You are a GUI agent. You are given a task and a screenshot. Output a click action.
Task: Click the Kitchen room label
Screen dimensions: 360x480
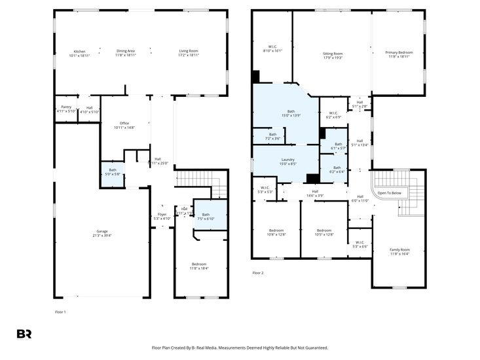(79, 51)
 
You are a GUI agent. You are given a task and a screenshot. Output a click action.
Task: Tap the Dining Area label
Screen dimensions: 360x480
(126, 51)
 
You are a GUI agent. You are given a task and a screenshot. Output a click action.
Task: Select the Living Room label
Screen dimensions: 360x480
(189, 51)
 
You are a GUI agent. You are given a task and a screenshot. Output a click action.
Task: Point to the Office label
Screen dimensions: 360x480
(124, 123)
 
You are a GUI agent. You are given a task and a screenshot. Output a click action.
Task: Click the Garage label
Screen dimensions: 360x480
(102, 231)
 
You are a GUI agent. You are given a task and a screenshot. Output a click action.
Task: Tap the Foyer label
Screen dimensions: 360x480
(162, 215)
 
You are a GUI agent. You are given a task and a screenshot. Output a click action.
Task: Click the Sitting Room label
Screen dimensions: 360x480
(333, 54)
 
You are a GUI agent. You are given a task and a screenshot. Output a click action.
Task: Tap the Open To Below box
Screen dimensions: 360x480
(389, 193)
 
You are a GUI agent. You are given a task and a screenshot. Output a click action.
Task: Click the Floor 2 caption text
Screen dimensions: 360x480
(257, 273)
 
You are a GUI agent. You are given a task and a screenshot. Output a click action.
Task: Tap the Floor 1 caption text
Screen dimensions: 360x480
(60, 312)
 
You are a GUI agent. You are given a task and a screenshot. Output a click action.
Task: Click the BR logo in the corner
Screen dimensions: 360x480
(24, 333)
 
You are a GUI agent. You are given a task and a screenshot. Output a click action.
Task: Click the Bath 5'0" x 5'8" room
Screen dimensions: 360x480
(113, 172)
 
